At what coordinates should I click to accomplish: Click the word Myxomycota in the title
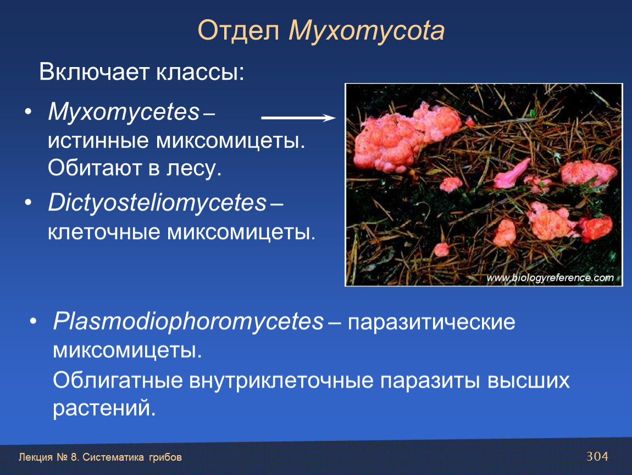click(x=367, y=31)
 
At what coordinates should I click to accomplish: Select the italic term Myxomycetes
click(x=124, y=111)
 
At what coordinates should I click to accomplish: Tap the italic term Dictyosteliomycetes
click(x=157, y=202)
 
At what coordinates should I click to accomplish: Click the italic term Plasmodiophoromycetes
click(x=189, y=322)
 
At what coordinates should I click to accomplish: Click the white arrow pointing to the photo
click(x=298, y=118)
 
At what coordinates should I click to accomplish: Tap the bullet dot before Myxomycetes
click(x=28, y=111)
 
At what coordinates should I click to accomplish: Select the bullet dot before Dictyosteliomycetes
click(x=28, y=202)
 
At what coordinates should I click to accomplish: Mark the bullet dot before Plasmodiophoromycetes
click(x=33, y=322)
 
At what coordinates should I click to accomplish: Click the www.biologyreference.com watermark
click(x=550, y=278)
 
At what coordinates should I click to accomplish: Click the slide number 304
click(x=597, y=456)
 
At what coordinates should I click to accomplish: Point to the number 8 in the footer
click(x=73, y=457)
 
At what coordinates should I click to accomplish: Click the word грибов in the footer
click(x=165, y=457)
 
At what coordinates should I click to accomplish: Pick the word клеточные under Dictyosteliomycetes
click(x=103, y=232)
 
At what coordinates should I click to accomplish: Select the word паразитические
click(x=431, y=322)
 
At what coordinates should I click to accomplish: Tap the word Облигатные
click(x=118, y=380)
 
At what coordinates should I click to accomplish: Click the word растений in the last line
click(x=104, y=408)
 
